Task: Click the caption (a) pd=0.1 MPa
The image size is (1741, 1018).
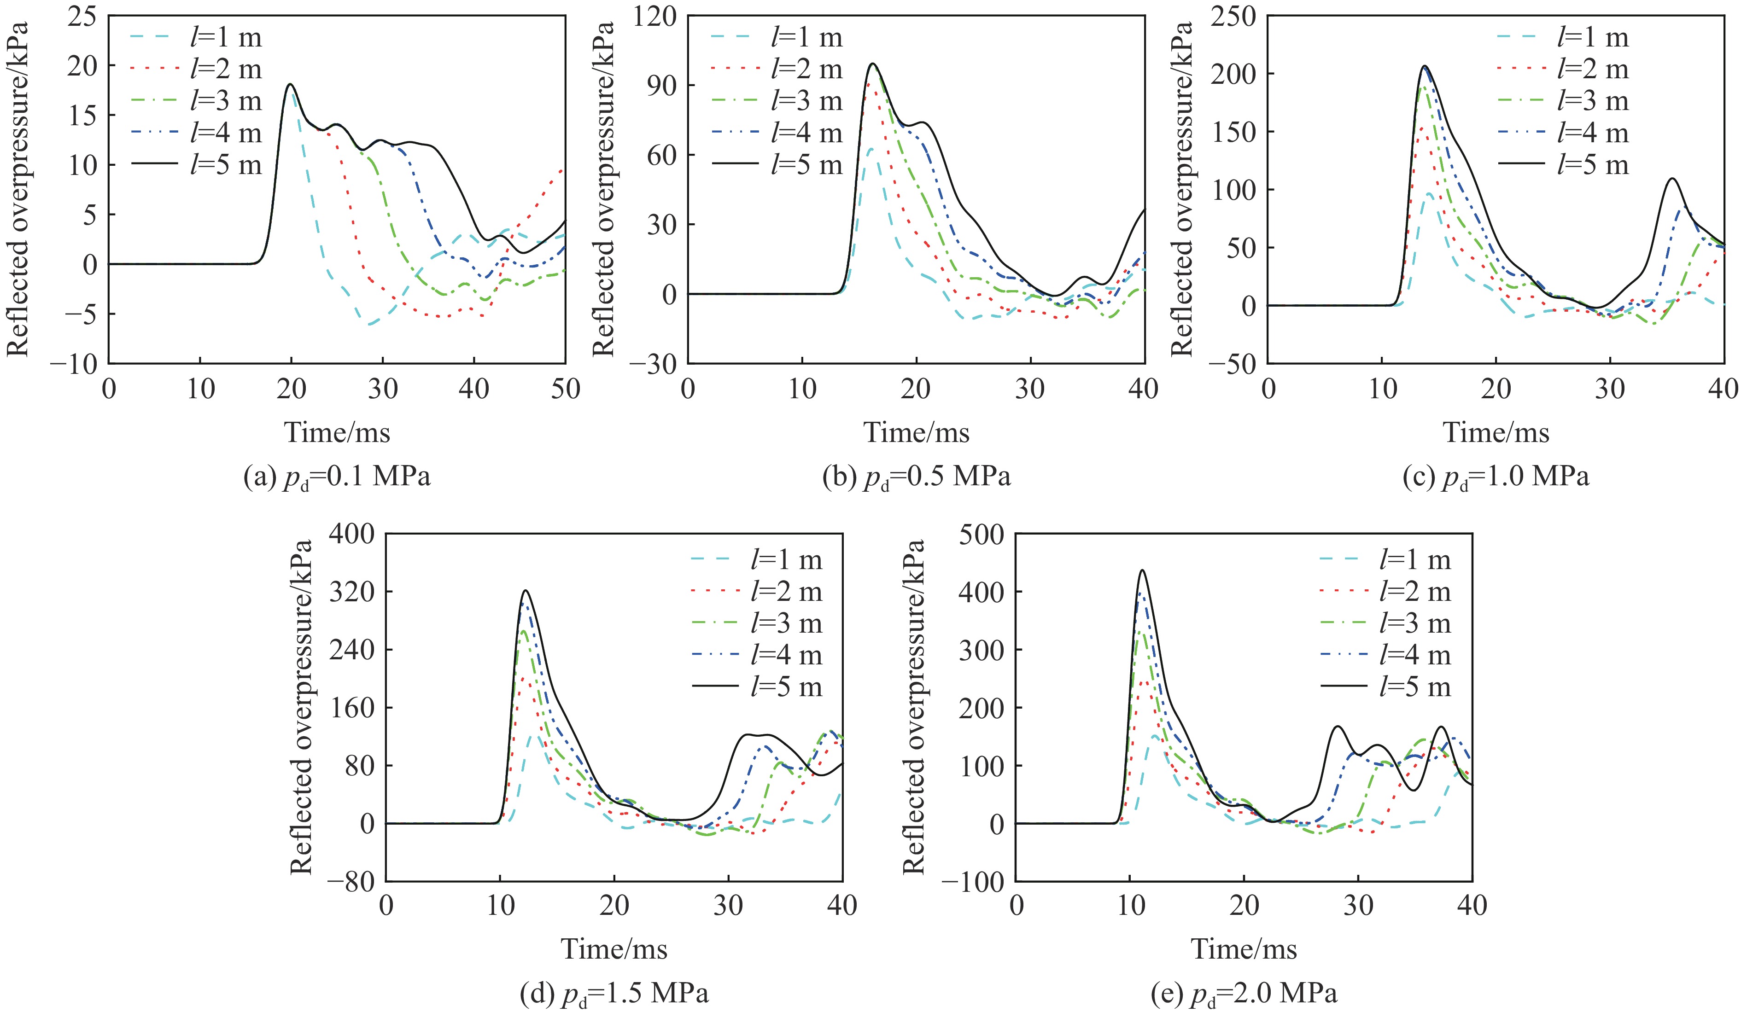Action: [x=337, y=477]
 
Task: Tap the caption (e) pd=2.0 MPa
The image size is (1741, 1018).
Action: [x=1244, y=994]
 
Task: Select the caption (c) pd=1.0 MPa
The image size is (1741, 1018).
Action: [x=1496, y=477]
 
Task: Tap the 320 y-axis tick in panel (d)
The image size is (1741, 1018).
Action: [x=351, y=592]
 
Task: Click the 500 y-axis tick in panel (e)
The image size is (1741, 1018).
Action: [x=982, y=534]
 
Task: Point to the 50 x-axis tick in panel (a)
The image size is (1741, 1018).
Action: [x=565, y=389]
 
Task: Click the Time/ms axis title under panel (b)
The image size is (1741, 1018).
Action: [x=916, y=433]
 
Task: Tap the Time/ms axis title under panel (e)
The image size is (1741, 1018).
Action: [x=1244, y=949]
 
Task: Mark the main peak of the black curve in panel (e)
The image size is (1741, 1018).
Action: [x=1142, y=570]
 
